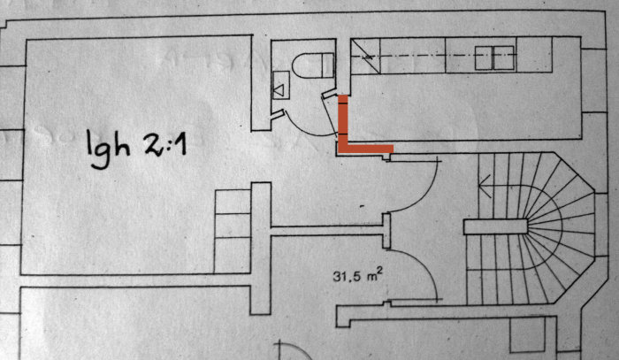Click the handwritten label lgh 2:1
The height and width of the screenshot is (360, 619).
click(136, 148)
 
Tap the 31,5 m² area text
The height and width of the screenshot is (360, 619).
click(357, 275)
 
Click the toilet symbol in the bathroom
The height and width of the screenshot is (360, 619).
click(314, 65)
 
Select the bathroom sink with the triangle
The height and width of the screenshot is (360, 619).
click(280, 85)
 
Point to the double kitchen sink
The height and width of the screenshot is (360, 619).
click(494, 58)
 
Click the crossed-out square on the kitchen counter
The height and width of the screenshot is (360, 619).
click(365, 56)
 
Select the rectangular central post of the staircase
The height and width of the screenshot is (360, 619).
click(495, 227)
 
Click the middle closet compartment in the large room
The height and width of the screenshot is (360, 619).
click(232, 225)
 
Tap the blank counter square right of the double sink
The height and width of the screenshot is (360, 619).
click(534, 55)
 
